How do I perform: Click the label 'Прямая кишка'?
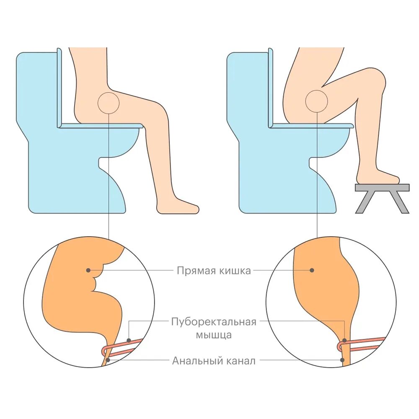[214, 271]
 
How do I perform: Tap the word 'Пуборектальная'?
[214, 322]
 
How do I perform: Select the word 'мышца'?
[214, 335]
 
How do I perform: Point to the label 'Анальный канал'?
[214, 361]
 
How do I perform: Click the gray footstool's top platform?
[382, 187]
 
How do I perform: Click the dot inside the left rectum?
[88, 270]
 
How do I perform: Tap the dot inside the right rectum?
[312, 270]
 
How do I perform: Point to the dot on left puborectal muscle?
[129, 340]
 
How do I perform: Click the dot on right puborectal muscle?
[345, 341]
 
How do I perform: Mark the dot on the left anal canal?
[108, 360]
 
